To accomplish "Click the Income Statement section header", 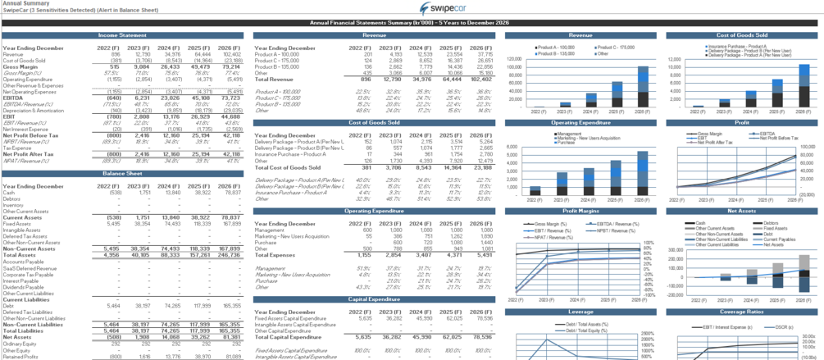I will coord(122,36).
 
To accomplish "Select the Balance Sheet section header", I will coord(122,174).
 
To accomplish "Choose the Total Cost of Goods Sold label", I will coord(286,166).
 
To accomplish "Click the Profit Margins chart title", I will coord(580,211).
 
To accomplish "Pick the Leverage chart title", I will coord(580,312).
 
